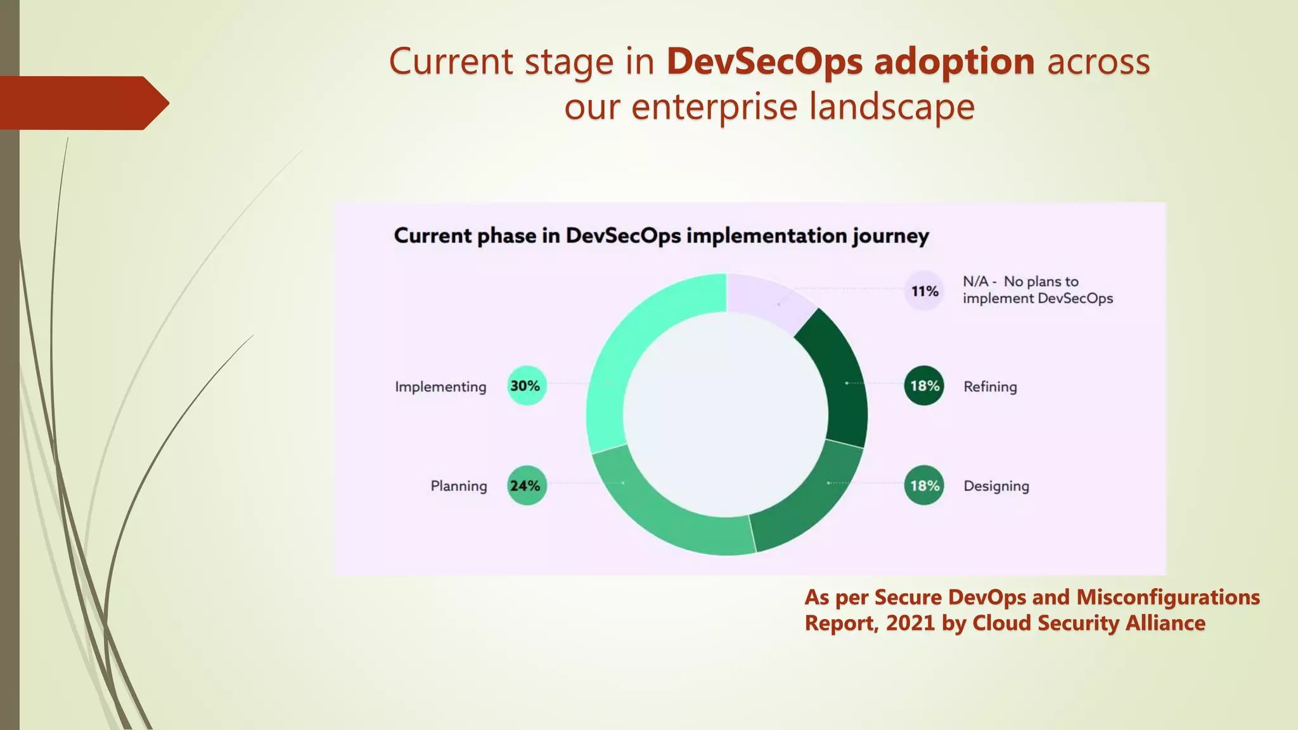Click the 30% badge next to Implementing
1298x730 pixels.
point(526,385)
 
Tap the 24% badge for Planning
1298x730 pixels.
point(526,485)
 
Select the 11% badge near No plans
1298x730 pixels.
point(924,291)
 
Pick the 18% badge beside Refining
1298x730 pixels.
point(924,385)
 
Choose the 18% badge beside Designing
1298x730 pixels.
point(924,485)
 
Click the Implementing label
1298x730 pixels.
point(440,387)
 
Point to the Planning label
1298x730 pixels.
point(459,486)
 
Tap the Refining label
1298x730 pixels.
point(990,387)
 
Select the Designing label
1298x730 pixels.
point(996,486)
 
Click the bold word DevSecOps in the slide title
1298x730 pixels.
point(764,61)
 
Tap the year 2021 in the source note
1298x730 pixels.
point(910,623)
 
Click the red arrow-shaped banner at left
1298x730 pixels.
point(82,103)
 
